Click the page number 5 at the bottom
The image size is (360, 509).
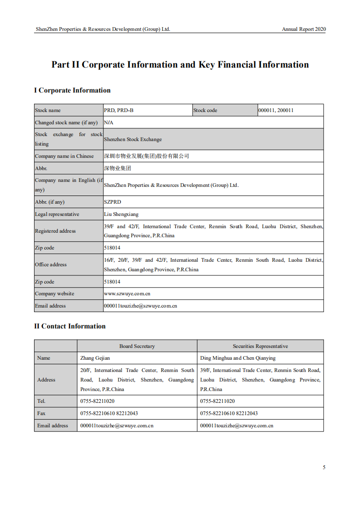pos(324,467)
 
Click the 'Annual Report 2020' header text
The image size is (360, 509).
pos(304,29)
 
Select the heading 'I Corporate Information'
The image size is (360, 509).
pos(72,90)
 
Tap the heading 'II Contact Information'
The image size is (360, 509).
pos(70,326)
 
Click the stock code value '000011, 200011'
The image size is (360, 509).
pos(276,110)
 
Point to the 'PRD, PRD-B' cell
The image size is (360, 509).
pos(119,110)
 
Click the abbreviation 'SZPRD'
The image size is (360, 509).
pos(113,202)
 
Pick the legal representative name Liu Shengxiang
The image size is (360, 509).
pos(121,214)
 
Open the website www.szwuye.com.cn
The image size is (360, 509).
pos(127,294)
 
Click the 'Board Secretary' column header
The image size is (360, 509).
pos(137,346)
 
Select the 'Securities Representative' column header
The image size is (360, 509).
pos(260,346)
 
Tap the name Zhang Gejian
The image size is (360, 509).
pos(95,358)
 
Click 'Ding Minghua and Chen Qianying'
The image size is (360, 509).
pos(238,358)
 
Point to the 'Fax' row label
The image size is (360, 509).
pos(42,413)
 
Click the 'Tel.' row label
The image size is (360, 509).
pos(41,401)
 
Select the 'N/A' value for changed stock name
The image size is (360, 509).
pos(108,122)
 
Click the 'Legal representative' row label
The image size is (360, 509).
pos(57,214)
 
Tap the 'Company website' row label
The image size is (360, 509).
pos(54,294)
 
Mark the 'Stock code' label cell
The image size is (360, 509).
pos(205,110)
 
